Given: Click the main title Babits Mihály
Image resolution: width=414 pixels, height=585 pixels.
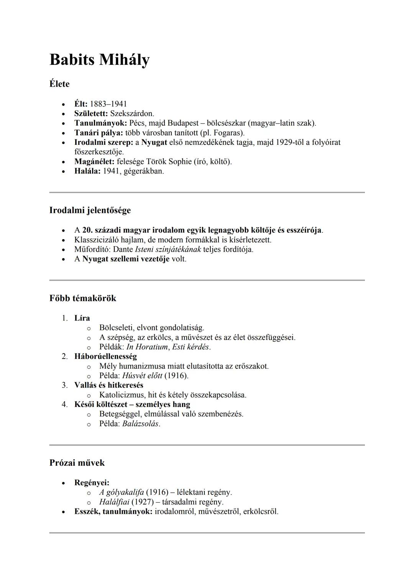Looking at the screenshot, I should (99, 60).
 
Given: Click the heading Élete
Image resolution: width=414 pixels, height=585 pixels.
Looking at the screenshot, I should (59, 84).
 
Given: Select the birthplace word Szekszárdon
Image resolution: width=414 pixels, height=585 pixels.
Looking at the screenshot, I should (131, 114).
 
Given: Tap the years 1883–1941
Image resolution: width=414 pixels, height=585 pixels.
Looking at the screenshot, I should (108, 104).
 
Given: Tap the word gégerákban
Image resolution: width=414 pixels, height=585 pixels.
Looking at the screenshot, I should (144, 171).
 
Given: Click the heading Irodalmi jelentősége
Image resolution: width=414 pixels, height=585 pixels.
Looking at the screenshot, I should (90, 210).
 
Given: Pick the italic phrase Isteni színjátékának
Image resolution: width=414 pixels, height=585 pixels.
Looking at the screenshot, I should (168, 249).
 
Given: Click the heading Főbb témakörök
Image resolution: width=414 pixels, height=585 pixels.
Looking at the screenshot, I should (83, 298).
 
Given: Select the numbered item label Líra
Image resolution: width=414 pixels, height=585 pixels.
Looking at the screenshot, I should (82, 318).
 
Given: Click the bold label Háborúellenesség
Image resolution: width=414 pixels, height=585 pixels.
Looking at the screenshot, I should (105, 357).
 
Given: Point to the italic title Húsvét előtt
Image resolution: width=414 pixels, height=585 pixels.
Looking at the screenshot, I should (142, 376).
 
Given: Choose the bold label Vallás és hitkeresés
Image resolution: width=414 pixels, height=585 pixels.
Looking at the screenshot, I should (109, 385).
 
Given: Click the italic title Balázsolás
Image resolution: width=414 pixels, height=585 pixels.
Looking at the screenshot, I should (140, 424).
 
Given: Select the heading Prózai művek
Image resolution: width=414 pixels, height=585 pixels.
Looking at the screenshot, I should (77, 463).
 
